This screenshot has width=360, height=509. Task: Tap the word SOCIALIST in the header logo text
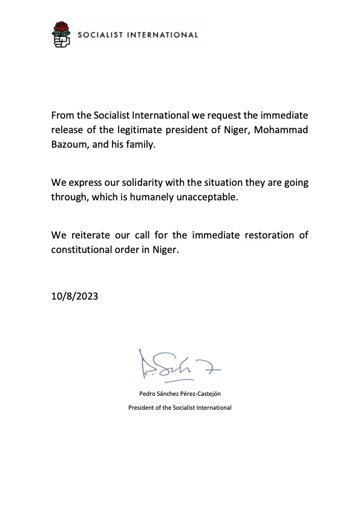(102, 35)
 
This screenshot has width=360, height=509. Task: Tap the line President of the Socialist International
(180, 408)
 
